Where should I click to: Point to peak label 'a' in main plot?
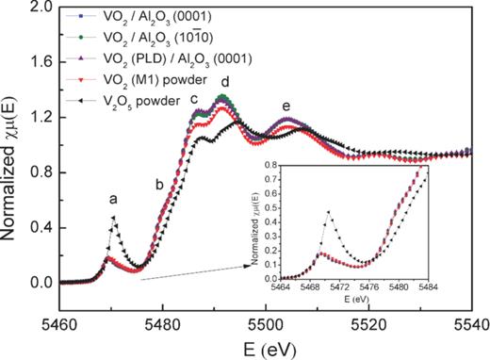coord(113,200)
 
